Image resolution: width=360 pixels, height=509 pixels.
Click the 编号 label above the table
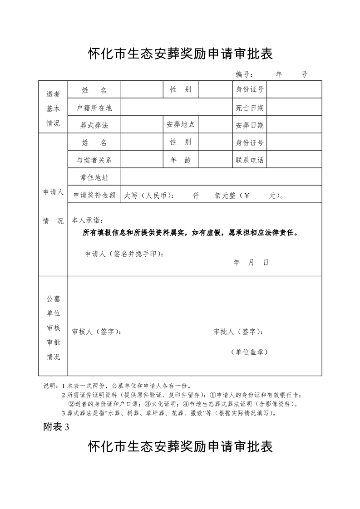(244, 74)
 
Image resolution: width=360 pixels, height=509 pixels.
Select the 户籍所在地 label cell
(94, 108)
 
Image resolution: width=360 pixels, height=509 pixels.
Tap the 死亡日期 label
(250, 108)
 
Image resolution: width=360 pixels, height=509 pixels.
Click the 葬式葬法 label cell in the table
(94, 125)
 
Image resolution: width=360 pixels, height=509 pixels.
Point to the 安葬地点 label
(181, 124)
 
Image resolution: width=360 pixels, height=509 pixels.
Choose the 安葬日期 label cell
(250, 125)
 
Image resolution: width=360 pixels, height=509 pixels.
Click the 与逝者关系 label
(94, 160)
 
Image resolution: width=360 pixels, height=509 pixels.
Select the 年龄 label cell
(181, 160)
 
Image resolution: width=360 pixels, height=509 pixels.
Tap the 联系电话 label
(250, 160)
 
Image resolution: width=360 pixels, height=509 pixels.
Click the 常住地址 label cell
(94, 177)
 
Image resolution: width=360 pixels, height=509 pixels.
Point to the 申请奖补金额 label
(94, 195)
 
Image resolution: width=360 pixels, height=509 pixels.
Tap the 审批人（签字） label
(238, 332)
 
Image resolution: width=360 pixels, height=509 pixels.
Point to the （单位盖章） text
(249, 352)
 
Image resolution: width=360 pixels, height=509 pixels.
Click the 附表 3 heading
(57, 427)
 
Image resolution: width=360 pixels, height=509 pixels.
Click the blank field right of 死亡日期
(297, 108)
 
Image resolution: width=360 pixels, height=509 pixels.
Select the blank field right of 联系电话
(297, 160)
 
